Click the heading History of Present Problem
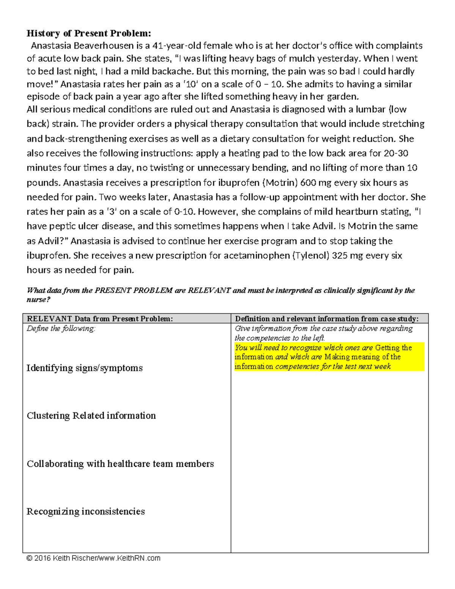coord(89,33)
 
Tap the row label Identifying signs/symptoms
coord(85,368)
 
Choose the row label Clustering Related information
coord(91,416)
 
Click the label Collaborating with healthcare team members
coord(120,464)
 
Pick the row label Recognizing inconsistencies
coord(86,512)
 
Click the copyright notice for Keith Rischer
coord(93,558)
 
